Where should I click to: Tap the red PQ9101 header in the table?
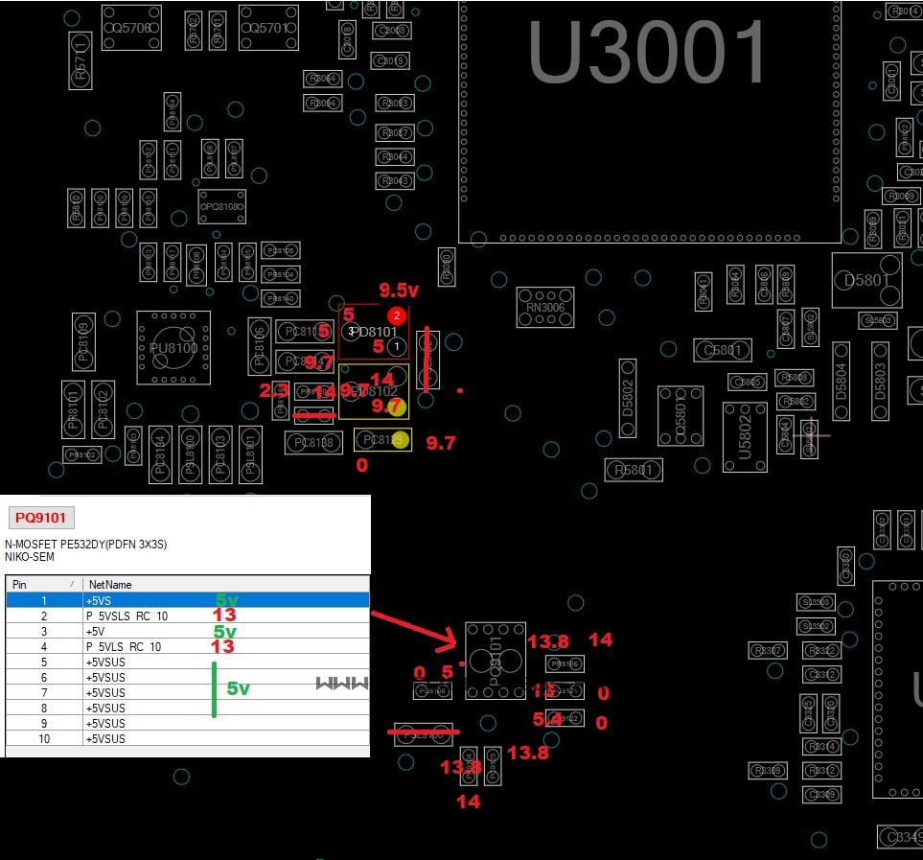(40, 519)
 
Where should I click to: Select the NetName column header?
(110, 584)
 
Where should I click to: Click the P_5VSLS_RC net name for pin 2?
(125, 616)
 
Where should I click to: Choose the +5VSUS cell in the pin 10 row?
(105, 739)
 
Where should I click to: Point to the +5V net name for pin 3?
(95, 632)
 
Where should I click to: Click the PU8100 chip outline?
(173, 348)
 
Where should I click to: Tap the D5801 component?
(866, 280)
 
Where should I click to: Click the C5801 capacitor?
(724, 350)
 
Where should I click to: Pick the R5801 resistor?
(634, 470)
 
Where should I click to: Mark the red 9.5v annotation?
(399, 290)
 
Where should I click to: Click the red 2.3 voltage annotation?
(274, 390)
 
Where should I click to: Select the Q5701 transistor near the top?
(268, 29)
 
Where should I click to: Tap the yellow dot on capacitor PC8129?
(401, 440)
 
